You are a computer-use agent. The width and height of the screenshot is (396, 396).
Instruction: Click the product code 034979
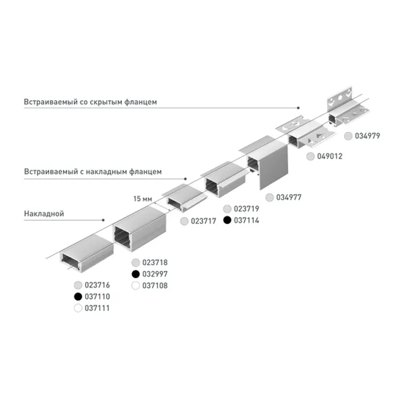pyautogui.click(x=367, y=136)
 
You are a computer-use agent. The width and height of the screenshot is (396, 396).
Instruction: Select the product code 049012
pyautogui.click(x=329, y=156)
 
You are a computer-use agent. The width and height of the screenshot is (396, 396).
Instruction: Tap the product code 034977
pyautogui.click(x=289, y=197)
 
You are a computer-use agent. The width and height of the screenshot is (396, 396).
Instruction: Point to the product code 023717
pyautogui.click(x=204, y=221)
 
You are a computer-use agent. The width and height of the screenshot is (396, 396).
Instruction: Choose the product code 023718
pyautogui.click(x=155, y=262)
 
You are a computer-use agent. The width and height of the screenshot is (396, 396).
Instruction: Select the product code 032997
pyautogui.click(x=155, y=274)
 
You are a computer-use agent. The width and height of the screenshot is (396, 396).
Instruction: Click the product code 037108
pyautogui.click(x=155, y=285)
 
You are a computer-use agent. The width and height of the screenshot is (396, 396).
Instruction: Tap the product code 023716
pyautogui.click(x=97, y=285)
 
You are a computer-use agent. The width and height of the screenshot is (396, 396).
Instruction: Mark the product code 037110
pyautogui.click(x=97, y=296)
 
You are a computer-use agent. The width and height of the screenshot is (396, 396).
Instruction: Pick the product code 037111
pyautogui.click(x=97, y=308)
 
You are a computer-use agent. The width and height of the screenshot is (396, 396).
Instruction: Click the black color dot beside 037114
pyautogui.click(x=227, y=221)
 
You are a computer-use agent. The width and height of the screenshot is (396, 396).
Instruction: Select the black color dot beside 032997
pyautogui.click(x=136, y=274)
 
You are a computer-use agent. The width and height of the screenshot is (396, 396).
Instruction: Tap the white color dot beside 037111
pyautogui.click(x=78, y=308)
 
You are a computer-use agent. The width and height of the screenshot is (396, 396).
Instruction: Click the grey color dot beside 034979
pyautogui.click(x=348, y=136)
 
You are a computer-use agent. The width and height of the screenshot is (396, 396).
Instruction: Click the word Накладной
pyautogui.click(x=44, y=214)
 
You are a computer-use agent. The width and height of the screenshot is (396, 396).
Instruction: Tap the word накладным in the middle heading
pyautogui.click(x=101, y=172)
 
